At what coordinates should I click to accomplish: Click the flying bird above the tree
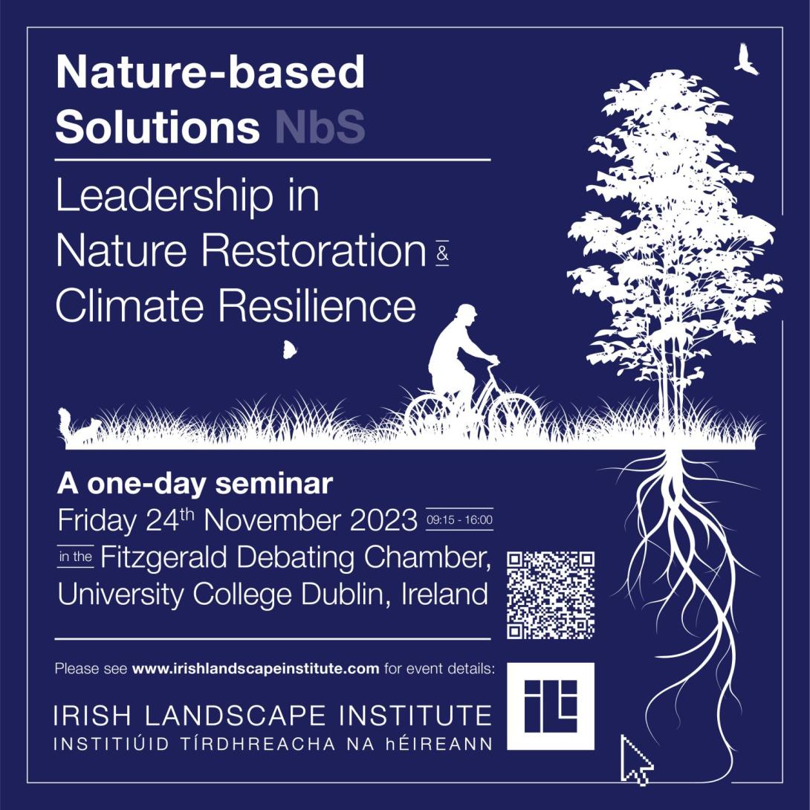pos(745,60)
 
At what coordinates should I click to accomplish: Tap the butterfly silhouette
pos(289,350)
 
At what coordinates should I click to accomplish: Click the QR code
pos(550,595)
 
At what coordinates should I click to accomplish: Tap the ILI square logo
pos(550,706)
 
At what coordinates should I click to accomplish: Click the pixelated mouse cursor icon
pos(635,759)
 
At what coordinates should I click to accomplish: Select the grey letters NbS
pos(320,126)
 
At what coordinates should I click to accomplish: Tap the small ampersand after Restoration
pos(443,253)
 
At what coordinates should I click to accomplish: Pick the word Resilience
pos(317,306)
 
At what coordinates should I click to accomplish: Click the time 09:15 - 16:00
pos(459,519)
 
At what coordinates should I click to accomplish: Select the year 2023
pos(383,520)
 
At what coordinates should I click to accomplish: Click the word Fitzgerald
pos(163,558)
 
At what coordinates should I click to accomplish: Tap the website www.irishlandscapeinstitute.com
pos(256,669)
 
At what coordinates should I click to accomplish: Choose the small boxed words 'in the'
pos(75,557)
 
